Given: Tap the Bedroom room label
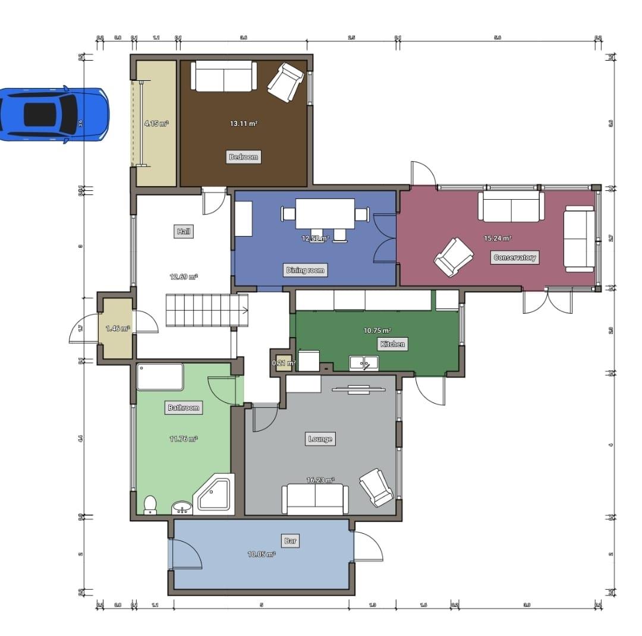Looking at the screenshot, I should [x=244, y=157].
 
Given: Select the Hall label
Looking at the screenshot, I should [x=184, y=231].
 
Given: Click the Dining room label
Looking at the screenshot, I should [x=306, y=270].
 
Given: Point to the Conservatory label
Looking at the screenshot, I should [x=515, y=257].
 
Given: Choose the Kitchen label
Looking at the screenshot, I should [x=392, y=344].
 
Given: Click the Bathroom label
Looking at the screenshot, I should [x=183, y=408].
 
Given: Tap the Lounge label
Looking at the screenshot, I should [x=320, y=439].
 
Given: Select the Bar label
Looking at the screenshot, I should [x=290, y=541].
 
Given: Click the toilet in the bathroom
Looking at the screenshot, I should [x=150, y=504].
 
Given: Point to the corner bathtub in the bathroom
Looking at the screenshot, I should [x=215, y=493].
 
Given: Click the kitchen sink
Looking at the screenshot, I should [x=364, y=361].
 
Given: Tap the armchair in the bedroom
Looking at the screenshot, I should [x=286, y=83].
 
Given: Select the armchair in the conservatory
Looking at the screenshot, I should [x=454, y=257].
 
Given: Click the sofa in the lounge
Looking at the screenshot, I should [x=315, y=499].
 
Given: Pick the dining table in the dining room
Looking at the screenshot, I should [x=325, y=213].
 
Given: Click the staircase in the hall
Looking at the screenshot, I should [x=206, y=310].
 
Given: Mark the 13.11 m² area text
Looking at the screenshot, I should [x=244, y=124].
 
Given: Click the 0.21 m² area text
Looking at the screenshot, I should [x=284, y=363].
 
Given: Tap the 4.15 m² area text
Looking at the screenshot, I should [x=156, y=124].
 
